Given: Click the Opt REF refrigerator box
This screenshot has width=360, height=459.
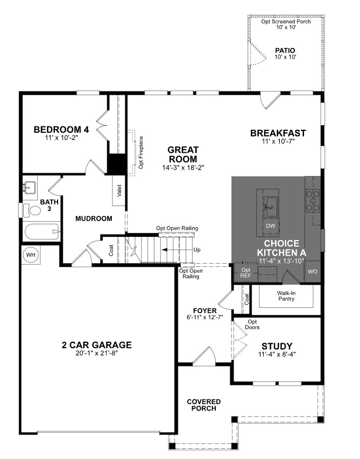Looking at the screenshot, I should point(246,272).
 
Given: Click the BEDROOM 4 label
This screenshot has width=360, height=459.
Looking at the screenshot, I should point(61,130).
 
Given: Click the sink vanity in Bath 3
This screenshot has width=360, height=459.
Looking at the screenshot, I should point(30,188).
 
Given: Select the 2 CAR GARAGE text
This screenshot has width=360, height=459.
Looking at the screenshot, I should point(96,345).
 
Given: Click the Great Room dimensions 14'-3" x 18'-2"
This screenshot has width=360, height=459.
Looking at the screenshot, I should point(182,167).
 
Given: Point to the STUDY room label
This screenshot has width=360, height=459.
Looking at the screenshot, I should point(277,346).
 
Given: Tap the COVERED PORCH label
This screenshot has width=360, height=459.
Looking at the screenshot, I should point(203,405).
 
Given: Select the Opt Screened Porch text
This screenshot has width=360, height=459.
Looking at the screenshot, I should point(286,22).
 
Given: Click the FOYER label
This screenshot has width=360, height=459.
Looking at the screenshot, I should point(204,311).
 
